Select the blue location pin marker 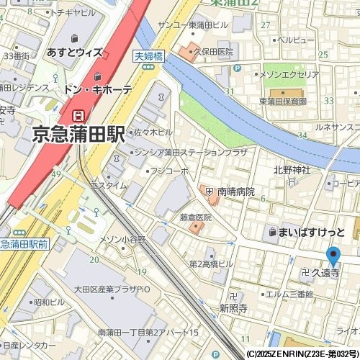click(333, 257)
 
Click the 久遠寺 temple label click(325, 274)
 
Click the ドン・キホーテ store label click(98, 90)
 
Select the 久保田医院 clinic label click(214, 53)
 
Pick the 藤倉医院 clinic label click(196, 217)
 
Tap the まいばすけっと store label click(312, 232)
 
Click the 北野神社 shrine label click(292, 170)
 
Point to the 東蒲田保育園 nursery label click(282, 102)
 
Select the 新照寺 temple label click(233, 307)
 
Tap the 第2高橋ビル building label click(211, 264)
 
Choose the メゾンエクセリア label click(289, 74)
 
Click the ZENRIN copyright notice click(302, 354)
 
